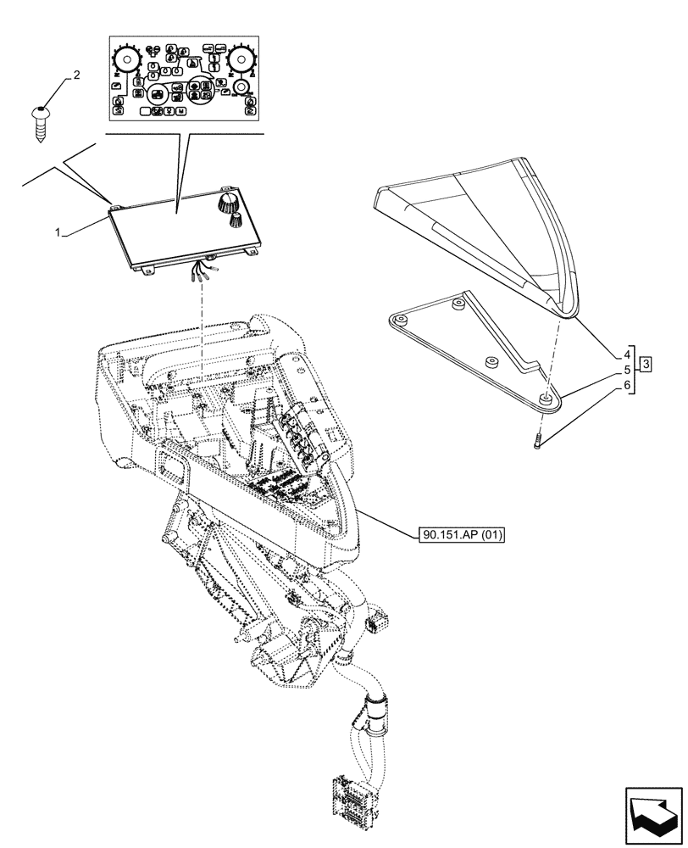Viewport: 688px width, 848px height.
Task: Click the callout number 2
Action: [x=77, y=75]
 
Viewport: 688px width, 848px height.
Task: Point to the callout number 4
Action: [x=627, y=370]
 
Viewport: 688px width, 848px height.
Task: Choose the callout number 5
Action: [x=627, y=386]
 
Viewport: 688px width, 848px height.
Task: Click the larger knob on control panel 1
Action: [x=228, y=202]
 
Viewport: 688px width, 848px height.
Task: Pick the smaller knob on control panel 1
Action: [x=234, y=220]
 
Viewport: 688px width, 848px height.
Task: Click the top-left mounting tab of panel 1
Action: [x=113, y=204]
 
